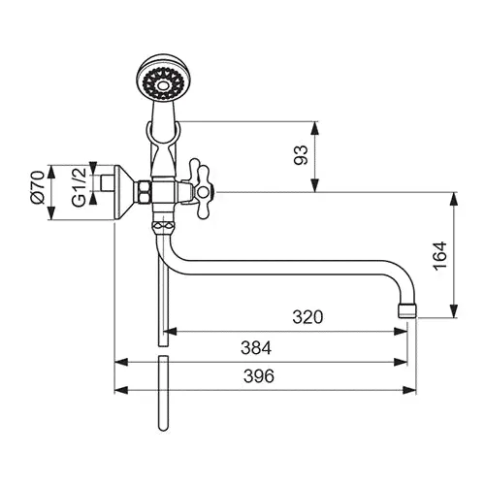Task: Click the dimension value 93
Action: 301,155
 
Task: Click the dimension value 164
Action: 439,255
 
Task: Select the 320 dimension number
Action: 307,317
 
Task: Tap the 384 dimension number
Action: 256,348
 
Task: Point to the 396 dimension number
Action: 259,376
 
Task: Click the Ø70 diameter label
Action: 37,187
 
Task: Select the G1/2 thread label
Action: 80,187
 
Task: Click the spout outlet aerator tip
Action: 407,310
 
